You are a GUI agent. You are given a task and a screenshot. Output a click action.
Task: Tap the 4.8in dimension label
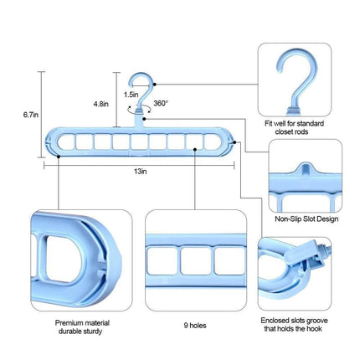100,104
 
